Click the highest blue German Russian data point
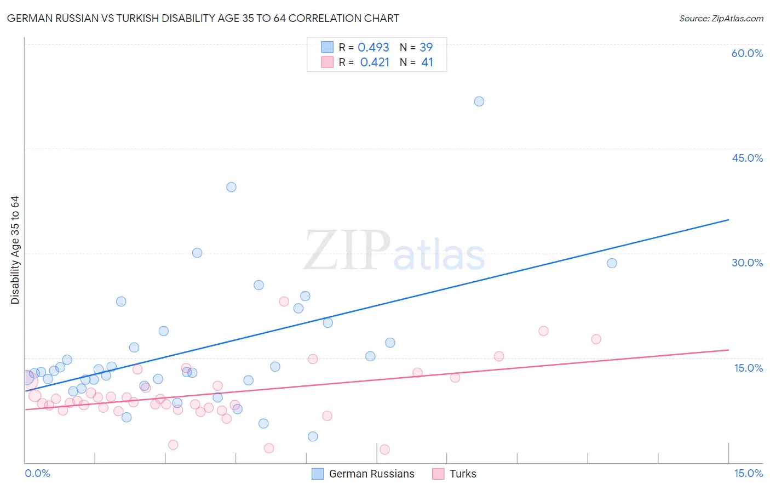pyautogui.click(x=479, y=101)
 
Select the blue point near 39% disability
pyautogui.click(x=231, y=187)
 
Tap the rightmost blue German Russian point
pyautogui.click(x=612, y=263)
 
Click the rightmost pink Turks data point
pyautogui.click(x=596, y=339)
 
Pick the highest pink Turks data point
pyautogui.click(x=284, y=302)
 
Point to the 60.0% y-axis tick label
pyautogui.click(x=747, y=53)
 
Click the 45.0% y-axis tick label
pyautogui.click(x=747, y=158)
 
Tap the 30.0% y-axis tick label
pyautogui.click(x=747, y=263)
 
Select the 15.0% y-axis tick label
pyautogui.click(x=748, y=368)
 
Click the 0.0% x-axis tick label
pyautogui.click(x=37, y=474)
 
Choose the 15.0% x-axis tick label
pyautogui.click(x=748, y=474)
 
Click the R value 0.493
pyautogui.click(x=373, y=48)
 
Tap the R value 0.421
pyautogui.click(x=375, y=62)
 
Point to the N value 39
pyautogui.click(x=426, y=48)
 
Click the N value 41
pyautogui.click(x=427, y=62)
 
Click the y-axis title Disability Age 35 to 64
pyautogui.click(x=15, y=250)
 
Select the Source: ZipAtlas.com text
pyautogui.click(x=721, y=19)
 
